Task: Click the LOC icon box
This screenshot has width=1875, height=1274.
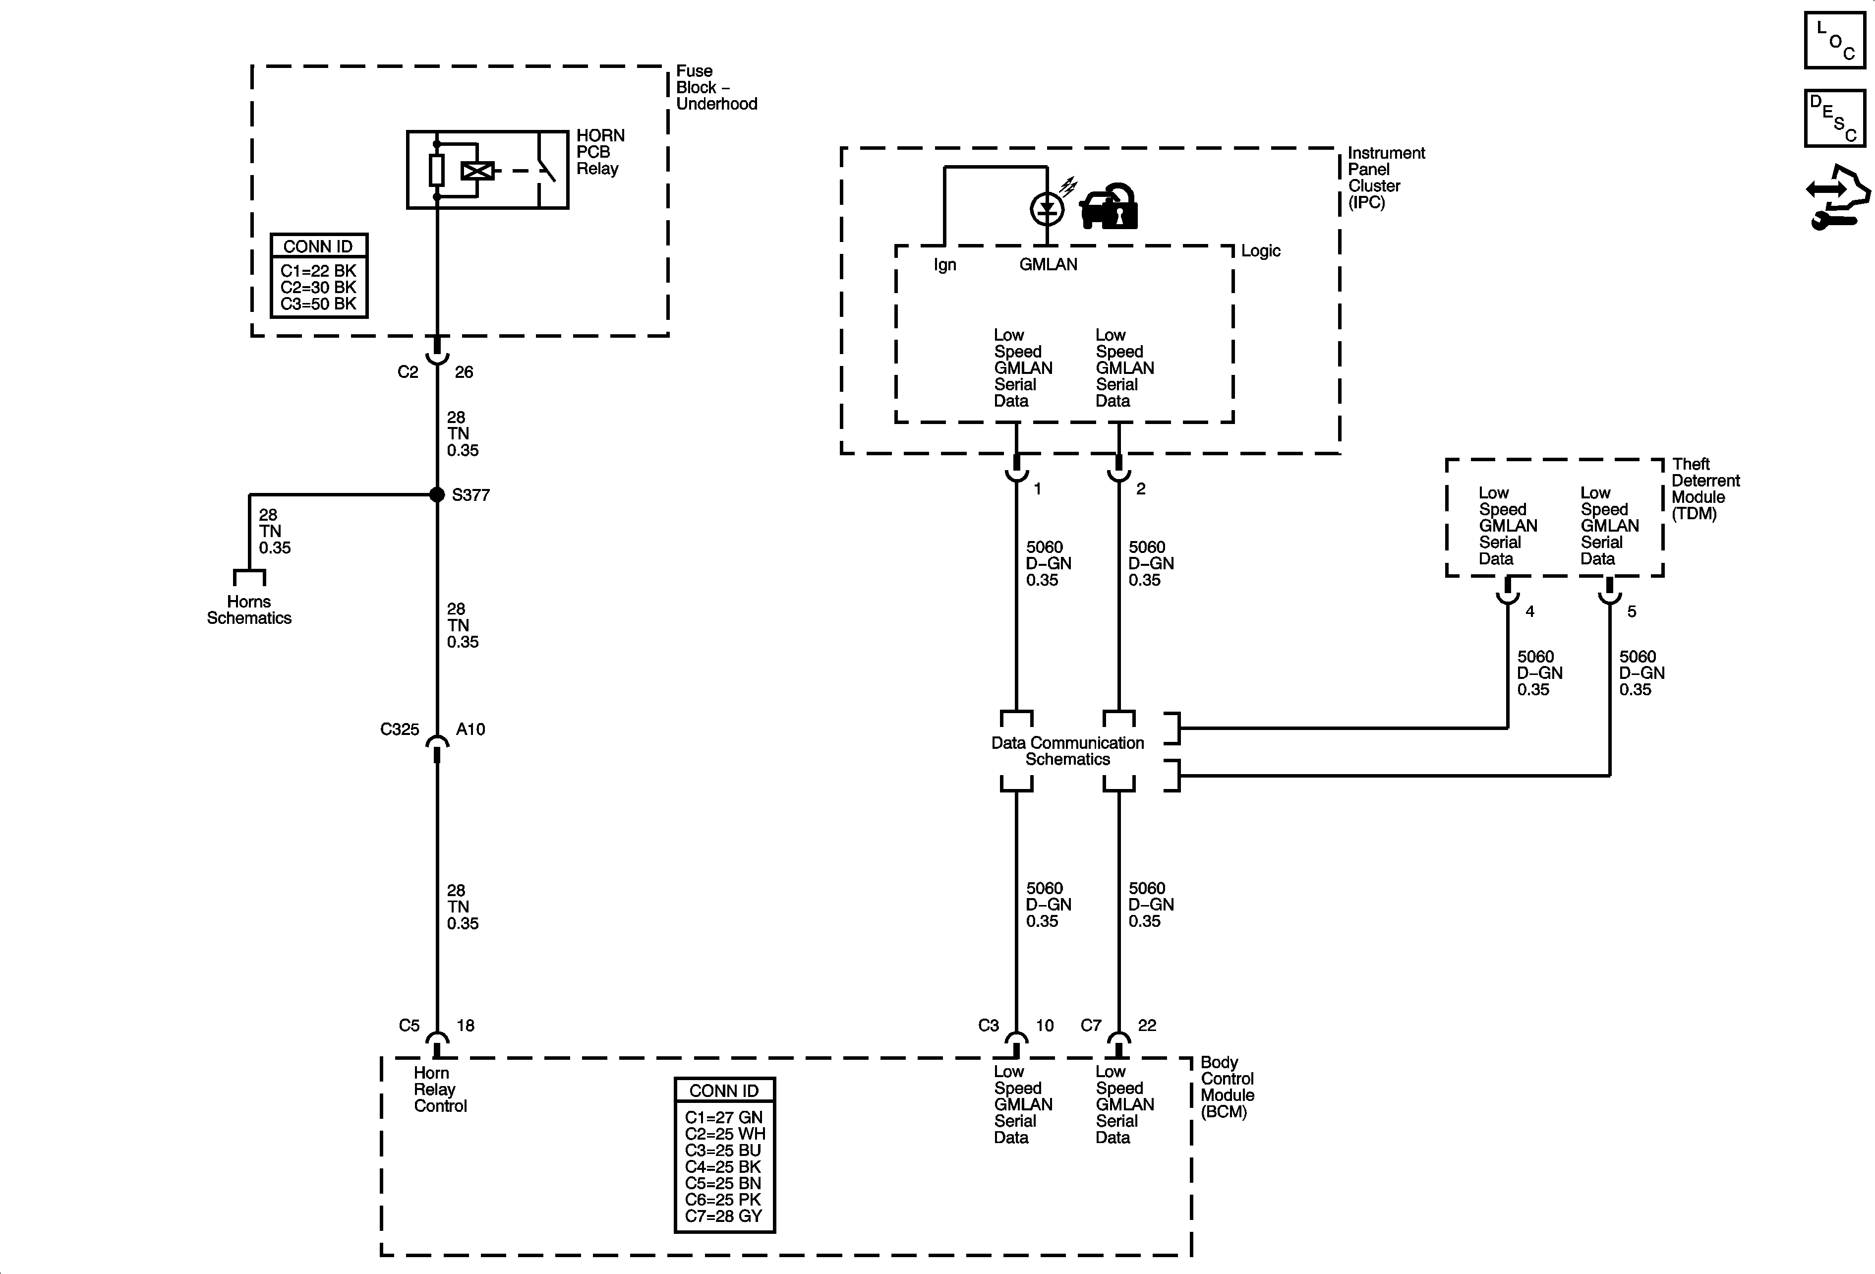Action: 1835,40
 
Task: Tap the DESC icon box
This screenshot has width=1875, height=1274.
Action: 1835,118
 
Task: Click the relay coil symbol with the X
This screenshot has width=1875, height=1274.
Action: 477,171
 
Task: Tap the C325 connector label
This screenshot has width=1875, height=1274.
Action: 400,729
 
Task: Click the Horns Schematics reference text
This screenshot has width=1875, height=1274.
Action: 248,610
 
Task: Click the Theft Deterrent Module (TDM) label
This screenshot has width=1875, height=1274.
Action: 1705,489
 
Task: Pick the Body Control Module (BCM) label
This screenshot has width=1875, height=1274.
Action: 1227,1087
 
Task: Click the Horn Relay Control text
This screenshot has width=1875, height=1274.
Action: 440,1089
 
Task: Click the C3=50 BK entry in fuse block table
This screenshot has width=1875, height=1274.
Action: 318,304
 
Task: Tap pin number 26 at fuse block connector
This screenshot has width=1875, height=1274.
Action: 464,372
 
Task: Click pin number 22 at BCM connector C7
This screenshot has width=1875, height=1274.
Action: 1146,1026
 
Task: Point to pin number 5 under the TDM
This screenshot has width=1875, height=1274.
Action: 1632,611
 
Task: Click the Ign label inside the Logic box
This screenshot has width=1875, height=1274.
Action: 945,265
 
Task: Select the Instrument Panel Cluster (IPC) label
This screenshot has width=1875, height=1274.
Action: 1385,178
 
